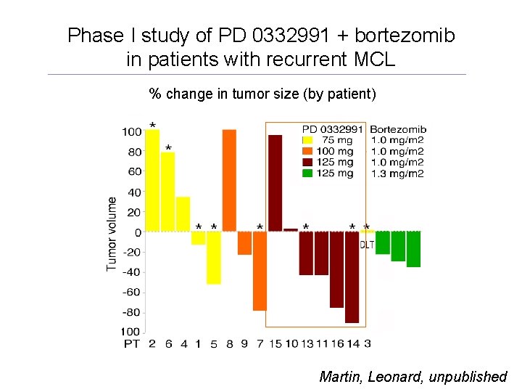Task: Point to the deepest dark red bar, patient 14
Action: click(x=352, y=277)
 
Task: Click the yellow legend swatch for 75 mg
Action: click(x=307, y=140)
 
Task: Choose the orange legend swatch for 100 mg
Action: click(x=307, y=151)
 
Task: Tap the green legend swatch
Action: click(x=307, y=173)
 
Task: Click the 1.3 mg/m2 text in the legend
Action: click(x=397, y=173)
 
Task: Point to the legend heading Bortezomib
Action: click(x=397, y=128)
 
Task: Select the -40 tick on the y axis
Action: click(x=130, y=272)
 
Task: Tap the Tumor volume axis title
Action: click(x=112, y=232)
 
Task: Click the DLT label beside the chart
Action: click(x=368, y=245)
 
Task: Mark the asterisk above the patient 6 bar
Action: click(x=168, y=148)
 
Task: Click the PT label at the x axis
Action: click(x=131, y=343)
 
